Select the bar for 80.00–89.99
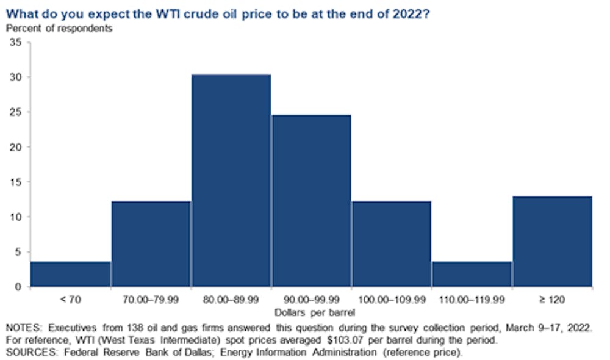tap(231, 181)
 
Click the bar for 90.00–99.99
tap(312, 201)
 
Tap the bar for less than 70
tap(70, 274)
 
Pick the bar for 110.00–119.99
tap(472, 274)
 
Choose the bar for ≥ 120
tap(553, 242)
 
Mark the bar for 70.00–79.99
tap(151, 244)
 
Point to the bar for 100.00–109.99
tap(392, 244)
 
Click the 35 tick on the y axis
tap(16, 42)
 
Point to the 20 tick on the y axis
tap(16, 147)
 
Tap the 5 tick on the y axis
tap(18, 252)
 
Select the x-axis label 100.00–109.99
tap(392, 300)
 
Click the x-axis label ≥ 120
tap(552, 300)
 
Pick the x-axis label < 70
tap(70, 300)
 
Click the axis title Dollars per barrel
tap(315, 312)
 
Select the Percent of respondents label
tap(59, 29)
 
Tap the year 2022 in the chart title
tap(411, 14)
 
